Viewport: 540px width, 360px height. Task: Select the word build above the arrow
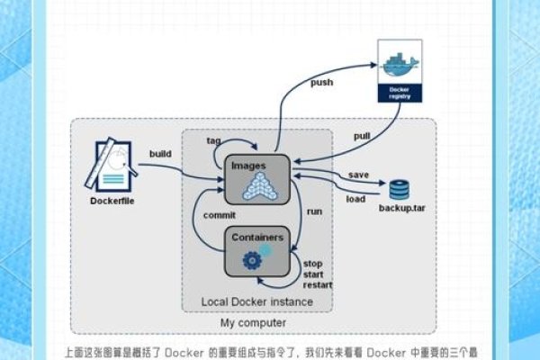[160, 154]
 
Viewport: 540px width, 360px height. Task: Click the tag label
[214, 140]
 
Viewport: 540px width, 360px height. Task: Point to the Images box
[256, 178]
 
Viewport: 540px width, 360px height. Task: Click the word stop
[312, 264]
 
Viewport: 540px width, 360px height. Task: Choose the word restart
[317, 285]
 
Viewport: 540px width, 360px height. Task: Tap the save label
[358, 175]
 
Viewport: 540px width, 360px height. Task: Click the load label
[355, 199]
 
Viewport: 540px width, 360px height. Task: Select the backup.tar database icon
[399, 189]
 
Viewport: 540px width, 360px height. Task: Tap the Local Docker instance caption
[256, 301]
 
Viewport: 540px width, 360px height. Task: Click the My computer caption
[254, 323]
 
